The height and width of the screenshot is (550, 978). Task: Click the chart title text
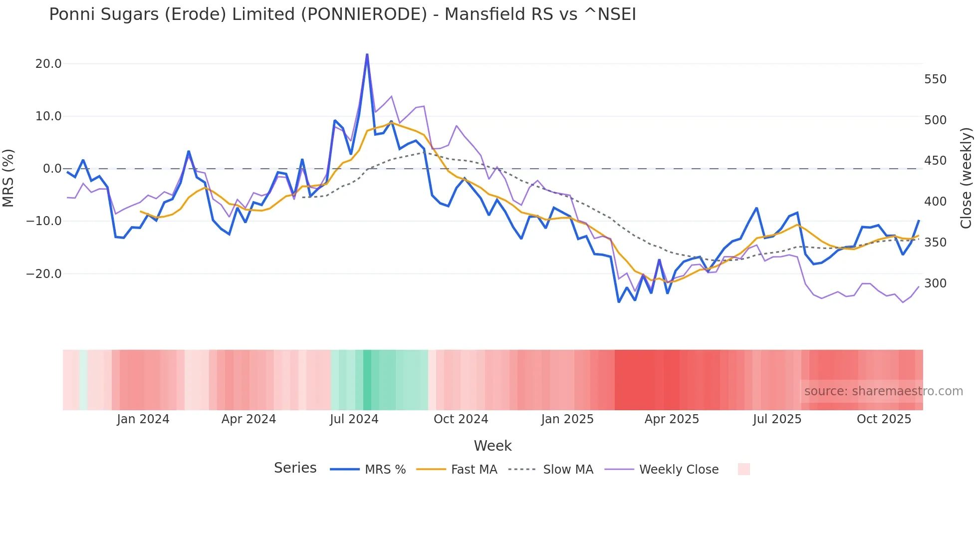coord(342,14)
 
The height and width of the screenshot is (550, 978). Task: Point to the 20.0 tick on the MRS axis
coord(48,64)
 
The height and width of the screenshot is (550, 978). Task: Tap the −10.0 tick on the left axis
coord(44,221)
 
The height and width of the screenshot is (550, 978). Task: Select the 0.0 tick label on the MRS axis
coord(52,169)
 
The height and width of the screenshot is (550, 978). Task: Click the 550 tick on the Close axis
coord(935,79)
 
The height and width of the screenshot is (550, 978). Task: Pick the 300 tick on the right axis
coord(935,283)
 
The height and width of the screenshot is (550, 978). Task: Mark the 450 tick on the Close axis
coord(935,161)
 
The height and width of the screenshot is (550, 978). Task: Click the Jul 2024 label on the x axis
coord(354,419)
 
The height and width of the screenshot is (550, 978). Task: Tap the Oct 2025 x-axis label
coord(884,419)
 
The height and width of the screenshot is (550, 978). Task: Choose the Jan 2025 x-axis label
coord(567,419)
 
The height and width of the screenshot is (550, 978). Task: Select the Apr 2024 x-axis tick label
coord(248,419)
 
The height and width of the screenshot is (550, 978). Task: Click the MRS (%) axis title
coord(8,178)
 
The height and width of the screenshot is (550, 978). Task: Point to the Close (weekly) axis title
coord(966,178)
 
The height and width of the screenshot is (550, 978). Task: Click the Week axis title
coord(492,446)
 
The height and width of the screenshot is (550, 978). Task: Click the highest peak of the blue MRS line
coord(367,54)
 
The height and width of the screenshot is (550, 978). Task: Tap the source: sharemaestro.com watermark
coord(883,391)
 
